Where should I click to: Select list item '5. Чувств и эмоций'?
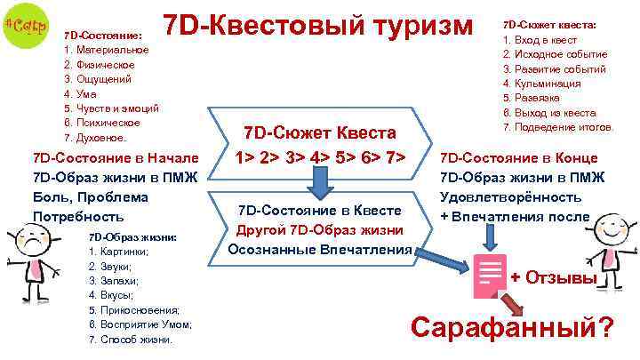pyautogui.click(x=111, y=108)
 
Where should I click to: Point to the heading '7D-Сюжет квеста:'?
pyautogui.click(x=550, y=25)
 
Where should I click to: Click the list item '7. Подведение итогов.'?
pyautogui.click(x=559, y=126)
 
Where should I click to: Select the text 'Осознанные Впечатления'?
pyautogui.click(x=320, y=250)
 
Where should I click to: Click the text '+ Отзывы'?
pyautogui.click(x=552, y=277)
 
